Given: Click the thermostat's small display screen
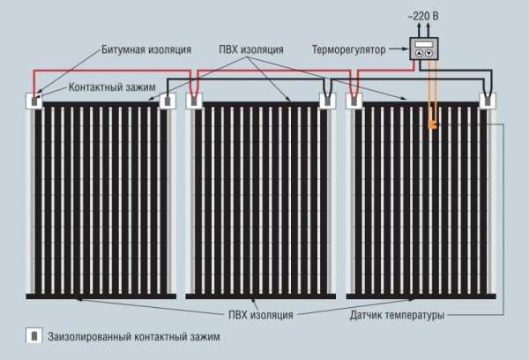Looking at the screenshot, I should tap(424, 42).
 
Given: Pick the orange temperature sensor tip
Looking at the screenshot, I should tap(431, 126).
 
